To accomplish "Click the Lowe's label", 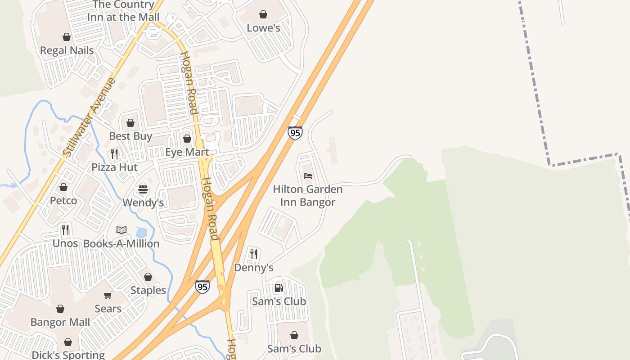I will (x=263, y=28).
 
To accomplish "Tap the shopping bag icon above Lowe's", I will (x=263, y=14).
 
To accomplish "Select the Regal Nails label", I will (x=67, y=50).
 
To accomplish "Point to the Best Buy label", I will (x=130, y=136).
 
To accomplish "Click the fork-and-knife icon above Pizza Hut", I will (x=114, y=154).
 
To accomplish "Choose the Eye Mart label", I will (x=187, y=152).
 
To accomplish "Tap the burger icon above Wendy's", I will (x=143, y=189).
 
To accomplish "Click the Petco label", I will (x=63, y=200).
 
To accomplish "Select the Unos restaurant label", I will (x=65, y=243).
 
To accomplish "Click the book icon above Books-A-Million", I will (x=121, y=230).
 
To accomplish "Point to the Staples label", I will (x=148, y=290).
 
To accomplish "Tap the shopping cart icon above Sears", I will (x=108, y=296).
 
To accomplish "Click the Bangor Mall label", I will (x=60, y=322).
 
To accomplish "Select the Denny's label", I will (x=254, y=268).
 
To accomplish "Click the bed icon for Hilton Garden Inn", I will (x=308, y=175).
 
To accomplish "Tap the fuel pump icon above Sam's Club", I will (x=279, y=288).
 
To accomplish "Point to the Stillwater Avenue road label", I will (x=90, y=118).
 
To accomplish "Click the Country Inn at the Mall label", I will (x=123, y=11).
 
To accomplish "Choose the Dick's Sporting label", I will (x=68, y=355).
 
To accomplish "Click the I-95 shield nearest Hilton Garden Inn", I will (x=295, y=133).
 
